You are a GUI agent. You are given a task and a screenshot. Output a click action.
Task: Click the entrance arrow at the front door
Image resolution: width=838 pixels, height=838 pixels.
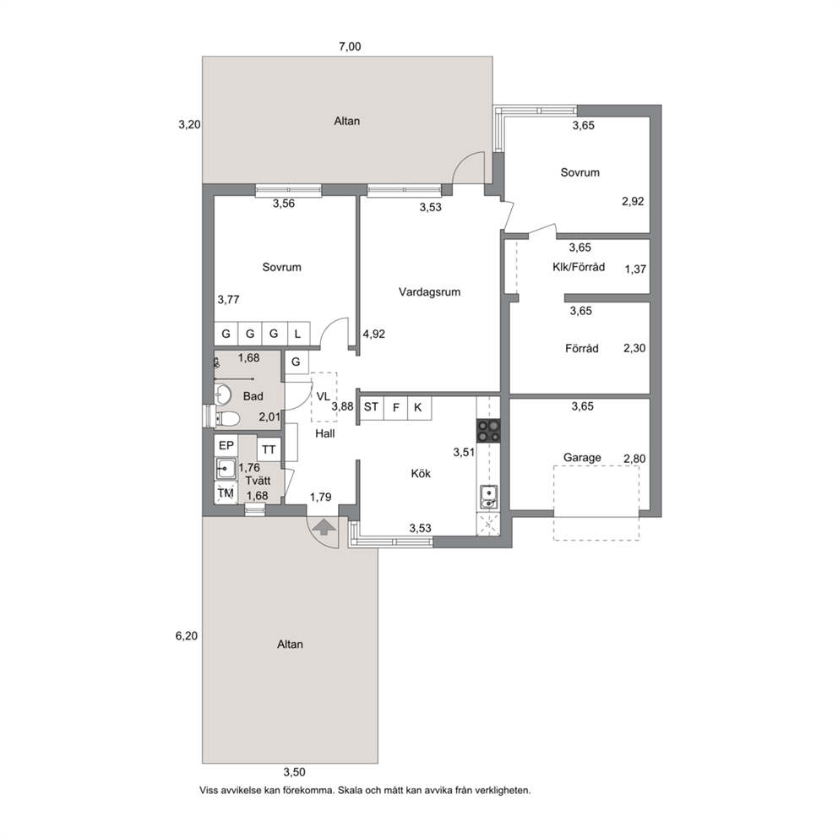click(x=324, y=527)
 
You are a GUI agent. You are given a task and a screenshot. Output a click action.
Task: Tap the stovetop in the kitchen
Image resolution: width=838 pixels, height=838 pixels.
click(x=489, y=431)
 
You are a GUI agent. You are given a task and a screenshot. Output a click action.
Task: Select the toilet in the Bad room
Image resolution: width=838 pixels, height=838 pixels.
click(x=226, y=418)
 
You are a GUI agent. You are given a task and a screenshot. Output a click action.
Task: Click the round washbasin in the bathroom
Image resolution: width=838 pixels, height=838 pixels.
click(x=222, y=395)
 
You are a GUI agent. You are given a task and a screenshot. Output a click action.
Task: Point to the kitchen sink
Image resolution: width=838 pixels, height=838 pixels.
click(x=488, y=497)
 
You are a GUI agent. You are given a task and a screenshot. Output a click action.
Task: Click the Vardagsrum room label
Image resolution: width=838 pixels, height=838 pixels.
click(x=429, y=291)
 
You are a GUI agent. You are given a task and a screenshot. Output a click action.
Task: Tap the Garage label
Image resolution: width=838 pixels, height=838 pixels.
click(x=582, y=458)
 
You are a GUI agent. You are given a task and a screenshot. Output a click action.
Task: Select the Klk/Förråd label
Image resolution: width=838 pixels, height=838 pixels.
click(x=579, y=267)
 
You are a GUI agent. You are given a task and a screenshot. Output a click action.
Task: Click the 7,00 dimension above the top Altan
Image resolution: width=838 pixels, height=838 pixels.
click(x=350, y=46)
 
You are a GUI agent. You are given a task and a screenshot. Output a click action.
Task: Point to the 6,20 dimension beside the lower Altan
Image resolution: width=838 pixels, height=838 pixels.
click(x=187, y=636)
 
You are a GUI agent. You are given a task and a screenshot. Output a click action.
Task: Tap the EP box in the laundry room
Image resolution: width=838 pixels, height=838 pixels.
click(x=226, y=446)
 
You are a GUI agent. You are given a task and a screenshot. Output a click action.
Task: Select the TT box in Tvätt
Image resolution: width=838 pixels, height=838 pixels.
click(x=269, y=449)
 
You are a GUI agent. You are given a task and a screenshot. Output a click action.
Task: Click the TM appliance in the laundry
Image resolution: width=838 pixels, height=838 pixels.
click(x=226, y=493)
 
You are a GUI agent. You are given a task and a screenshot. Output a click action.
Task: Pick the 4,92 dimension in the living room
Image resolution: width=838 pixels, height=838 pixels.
click(x=374, y=334)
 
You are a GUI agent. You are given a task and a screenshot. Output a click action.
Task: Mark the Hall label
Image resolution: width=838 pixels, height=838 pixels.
click(x=325, y=433)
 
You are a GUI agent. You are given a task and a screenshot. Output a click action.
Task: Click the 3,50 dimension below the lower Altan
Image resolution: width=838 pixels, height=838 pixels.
click(x=295, y=772)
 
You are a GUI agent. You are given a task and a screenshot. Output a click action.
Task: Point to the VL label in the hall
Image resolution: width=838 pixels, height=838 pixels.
click(x=324, y=397)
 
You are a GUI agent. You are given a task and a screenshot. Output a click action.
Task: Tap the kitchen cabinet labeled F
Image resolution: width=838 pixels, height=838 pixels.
click(x=396, y=408)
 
